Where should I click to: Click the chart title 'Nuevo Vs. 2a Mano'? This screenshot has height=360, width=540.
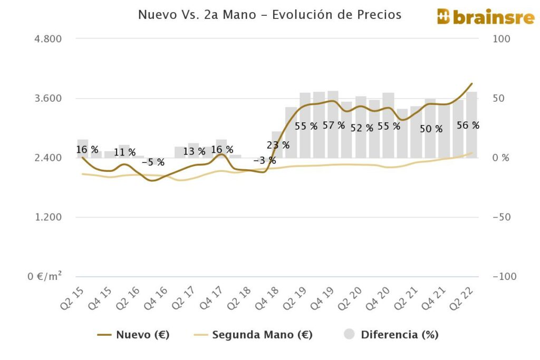(x=269, y=15)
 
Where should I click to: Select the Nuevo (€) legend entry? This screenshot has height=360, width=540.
(x=134, y=334)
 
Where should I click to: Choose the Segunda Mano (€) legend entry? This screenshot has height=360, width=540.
(x=253, y=334)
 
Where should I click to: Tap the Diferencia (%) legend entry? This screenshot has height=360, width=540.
(x=391, y=334)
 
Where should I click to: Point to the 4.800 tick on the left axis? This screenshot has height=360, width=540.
(x=48, y=39)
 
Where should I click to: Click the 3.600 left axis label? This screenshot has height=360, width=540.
(x=48, y=99)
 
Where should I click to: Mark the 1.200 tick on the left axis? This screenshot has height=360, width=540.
(x=48, y=217)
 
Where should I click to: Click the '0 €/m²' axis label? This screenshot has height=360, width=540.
(x=45, y=276)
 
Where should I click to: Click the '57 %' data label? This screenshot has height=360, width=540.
(x=334, y=125)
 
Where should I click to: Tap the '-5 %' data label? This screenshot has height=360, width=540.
(x=153, y=162)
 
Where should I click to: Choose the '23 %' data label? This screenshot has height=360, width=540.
(x=278, y=145)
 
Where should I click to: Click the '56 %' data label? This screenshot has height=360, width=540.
(x=468, y=125)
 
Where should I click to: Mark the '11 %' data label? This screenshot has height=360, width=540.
(x=125, y=153)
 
